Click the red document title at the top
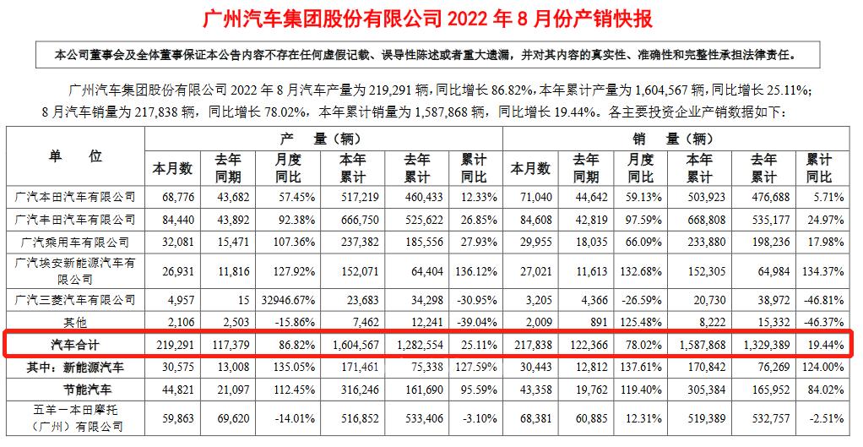pos(430,19)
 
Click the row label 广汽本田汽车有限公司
pos(76,197)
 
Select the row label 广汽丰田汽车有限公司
pos(76,220)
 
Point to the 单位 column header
pos(75,156)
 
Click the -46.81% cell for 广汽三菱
pos(828,299)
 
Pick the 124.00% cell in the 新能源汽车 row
pos(828,368)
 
